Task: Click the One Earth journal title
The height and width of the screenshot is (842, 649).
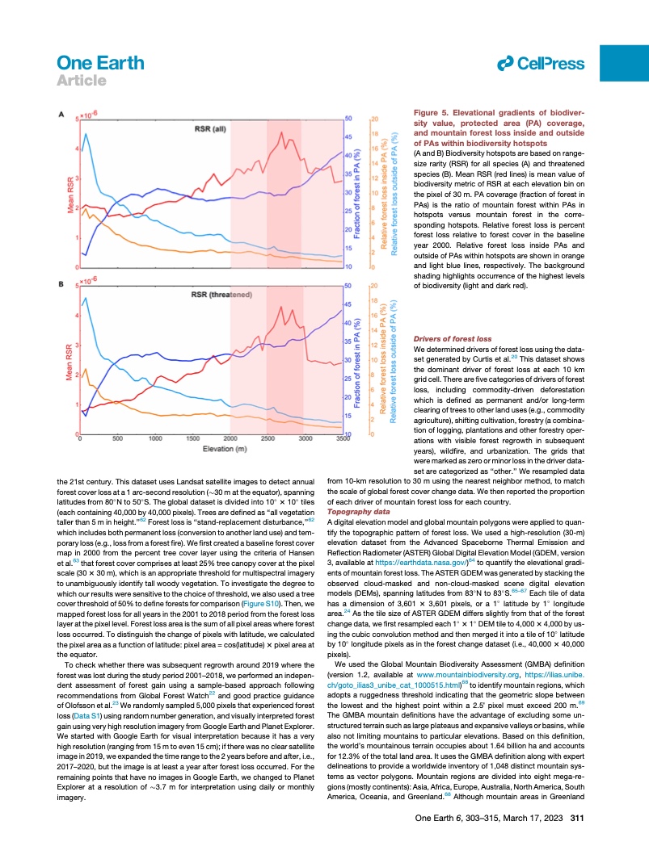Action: (x=101, y=62)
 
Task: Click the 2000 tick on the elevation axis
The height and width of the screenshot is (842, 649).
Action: (x=230, y=439)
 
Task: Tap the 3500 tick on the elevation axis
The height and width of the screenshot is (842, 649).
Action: (x=343, y=439)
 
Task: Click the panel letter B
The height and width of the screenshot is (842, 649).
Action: (x=61, y=283)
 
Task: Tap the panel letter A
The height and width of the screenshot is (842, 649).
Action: (x=61, y=116)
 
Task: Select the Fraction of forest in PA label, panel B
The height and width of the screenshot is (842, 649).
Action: (x=357, y=359)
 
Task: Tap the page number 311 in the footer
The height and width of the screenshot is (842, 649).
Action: (x=577, y=819)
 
